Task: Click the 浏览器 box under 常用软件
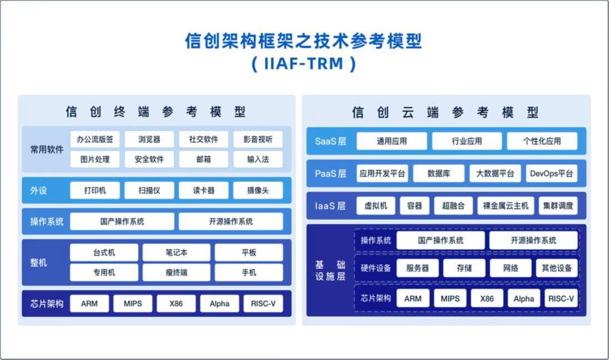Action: [x=149, y=139]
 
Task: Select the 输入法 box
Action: [x=258, y=159]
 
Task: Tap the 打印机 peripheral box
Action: [x=94, y=191]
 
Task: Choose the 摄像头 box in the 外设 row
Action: [x=258, y=191]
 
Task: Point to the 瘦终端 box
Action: [x=176, y=273]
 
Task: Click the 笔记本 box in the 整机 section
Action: [x=176, y=252]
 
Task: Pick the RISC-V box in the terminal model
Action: [x=263, y=304]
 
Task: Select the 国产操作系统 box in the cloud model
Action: [x=440, y=241]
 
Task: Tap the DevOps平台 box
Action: [x=551, y=173]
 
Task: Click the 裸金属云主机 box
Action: [x=506, y=206]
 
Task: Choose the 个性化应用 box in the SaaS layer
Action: [x=542, y=141]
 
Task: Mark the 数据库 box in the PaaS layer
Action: [x=438, y=173]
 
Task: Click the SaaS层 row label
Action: [x=330, y=141]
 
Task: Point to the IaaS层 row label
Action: [x=330, y=206]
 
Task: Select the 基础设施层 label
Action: [x=330, y=270]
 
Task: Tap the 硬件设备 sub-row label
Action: [x=376, y=268]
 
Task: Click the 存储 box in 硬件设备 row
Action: [x=464, y=268]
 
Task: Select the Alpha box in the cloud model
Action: [x=523, y=298]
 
